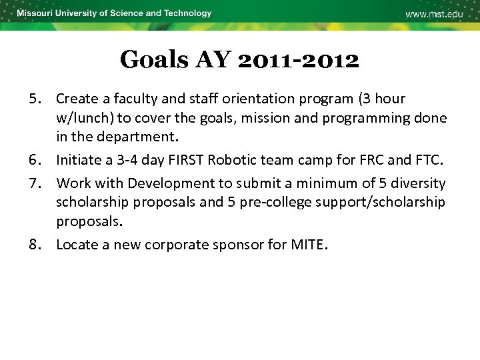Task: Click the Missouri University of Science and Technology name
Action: (114, 13)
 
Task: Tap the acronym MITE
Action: (307, 245)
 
